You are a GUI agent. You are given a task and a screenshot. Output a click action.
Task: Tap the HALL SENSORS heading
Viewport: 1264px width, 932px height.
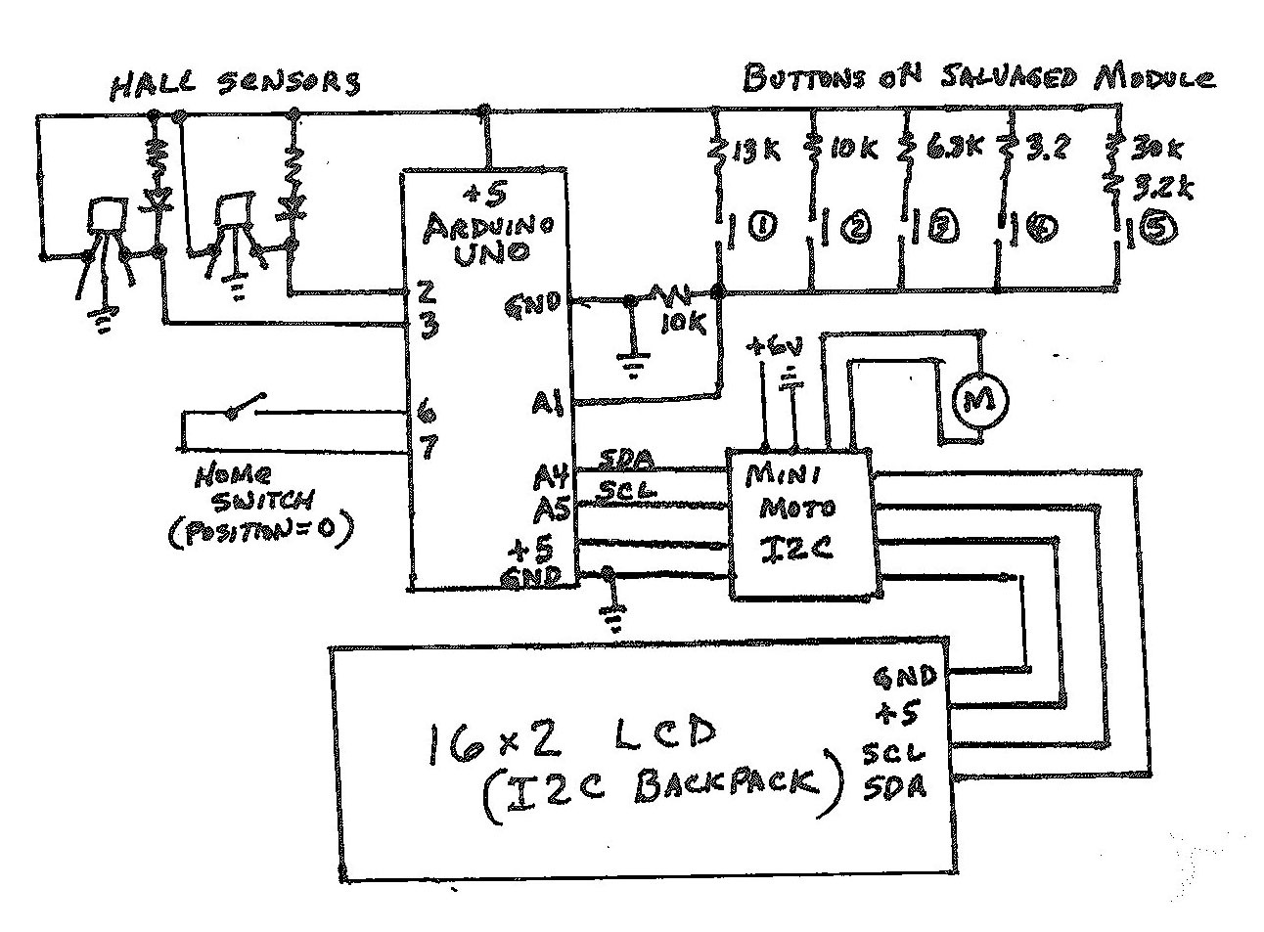point(236,83)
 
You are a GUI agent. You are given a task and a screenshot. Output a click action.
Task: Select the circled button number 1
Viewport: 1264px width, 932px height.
point(761,229)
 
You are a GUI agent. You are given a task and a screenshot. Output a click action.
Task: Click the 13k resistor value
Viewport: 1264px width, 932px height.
point(756,152)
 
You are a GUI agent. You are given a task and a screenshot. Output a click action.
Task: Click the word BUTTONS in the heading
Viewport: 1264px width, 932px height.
point(797,78)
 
